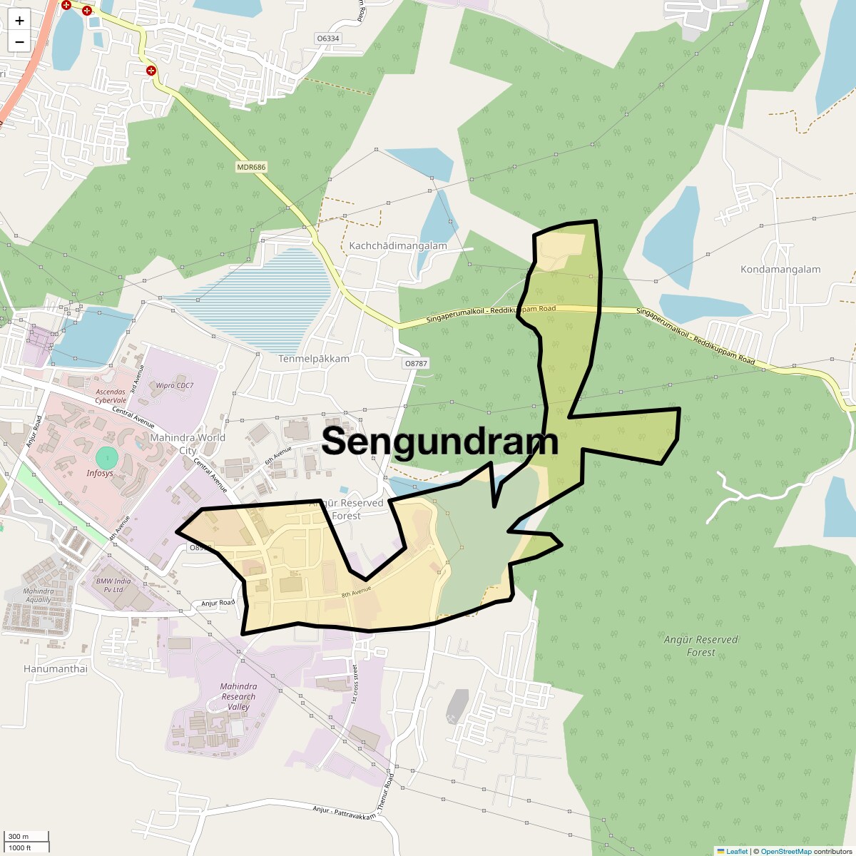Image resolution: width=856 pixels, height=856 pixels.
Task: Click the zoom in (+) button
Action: click(19, 21)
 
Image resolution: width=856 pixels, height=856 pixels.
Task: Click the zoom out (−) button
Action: click(19, 42)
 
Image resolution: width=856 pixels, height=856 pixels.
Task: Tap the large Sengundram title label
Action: click(439, 442)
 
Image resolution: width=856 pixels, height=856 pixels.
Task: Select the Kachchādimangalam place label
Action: click(397, 246)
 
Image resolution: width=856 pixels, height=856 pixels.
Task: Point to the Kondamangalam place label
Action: click(780, 270)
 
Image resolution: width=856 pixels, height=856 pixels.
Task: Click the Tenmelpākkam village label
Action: click(314, 359)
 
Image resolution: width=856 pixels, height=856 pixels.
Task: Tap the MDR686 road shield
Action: click(251, 168)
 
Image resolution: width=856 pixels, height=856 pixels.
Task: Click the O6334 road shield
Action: click(328, 39)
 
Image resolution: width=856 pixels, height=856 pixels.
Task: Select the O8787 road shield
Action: click(416, 363)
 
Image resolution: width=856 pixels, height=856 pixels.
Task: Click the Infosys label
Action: click(100, 473)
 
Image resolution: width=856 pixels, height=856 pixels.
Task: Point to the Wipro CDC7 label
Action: click(174, 386)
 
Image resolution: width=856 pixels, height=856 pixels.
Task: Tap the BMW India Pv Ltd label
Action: click(113, 585)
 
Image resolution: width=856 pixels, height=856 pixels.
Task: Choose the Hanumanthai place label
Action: click(56, 669)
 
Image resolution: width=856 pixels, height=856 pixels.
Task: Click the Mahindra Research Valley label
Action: click(238, 696)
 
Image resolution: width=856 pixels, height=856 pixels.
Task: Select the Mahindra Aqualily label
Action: click(39, 595)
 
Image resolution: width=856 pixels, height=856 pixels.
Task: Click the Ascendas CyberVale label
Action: click(111, 396)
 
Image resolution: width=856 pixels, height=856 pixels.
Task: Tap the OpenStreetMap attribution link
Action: click(785, 851)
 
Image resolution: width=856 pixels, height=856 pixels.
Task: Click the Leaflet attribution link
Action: click(737, 851)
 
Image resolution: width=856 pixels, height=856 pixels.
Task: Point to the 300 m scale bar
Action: click(26, 837)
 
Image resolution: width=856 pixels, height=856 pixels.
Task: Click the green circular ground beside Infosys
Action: click(106, 457)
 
